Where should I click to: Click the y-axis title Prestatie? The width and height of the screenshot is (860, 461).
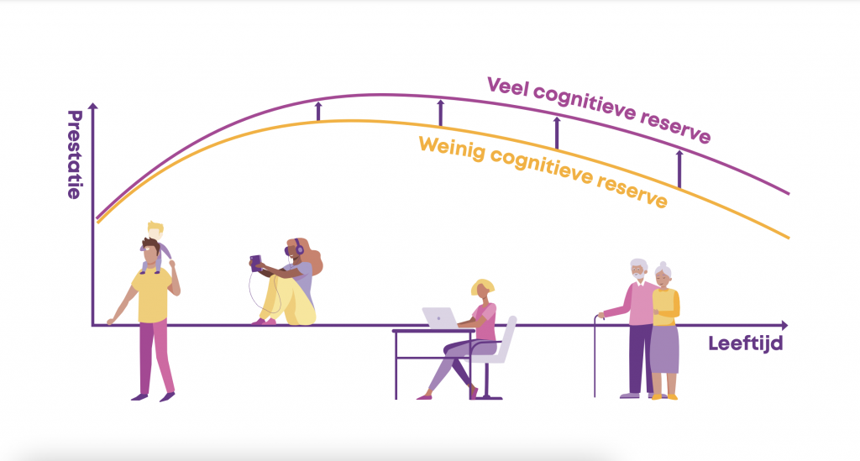click(75, 155)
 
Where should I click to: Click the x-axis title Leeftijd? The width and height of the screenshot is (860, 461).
click(746, 343)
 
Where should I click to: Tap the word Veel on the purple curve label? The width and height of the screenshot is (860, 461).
click(506, 87)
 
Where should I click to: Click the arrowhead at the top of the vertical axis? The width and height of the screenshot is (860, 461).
click(93, 107)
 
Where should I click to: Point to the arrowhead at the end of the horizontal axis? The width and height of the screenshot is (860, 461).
click(784, 326)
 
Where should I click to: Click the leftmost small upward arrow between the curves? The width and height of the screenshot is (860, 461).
click(318, 112)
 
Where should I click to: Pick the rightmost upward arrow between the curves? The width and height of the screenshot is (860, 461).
click(679, 170)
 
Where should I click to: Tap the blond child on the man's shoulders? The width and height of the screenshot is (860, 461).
click(156, 247)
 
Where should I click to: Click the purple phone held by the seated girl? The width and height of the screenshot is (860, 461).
click(255, 263)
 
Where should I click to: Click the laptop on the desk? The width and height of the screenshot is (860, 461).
click(440, 318)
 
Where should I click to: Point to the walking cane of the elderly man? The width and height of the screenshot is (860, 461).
click(596, 355)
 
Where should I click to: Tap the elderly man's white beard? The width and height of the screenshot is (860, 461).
click(638, 277)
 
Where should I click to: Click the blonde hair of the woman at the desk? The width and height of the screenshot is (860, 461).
click(483, 286)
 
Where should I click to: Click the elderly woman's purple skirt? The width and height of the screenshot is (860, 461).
click(664, 349)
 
